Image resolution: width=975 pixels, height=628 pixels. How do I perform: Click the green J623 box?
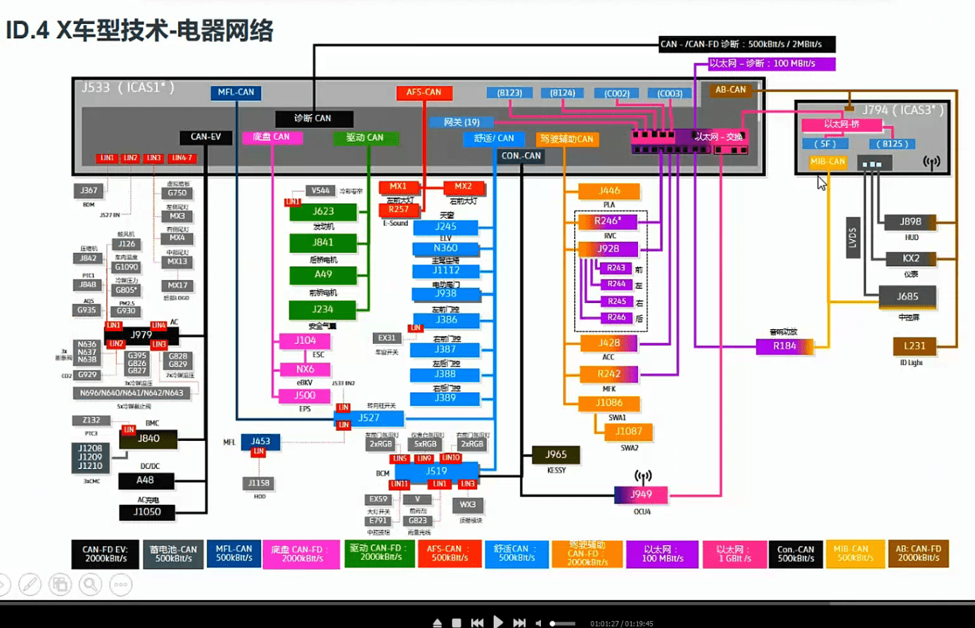323,212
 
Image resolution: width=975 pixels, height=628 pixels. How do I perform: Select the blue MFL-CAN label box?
236,92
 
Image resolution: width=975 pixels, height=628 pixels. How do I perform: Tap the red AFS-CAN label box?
423,92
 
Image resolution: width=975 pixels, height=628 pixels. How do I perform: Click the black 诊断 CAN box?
313,118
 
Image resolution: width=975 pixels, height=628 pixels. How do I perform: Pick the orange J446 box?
608,191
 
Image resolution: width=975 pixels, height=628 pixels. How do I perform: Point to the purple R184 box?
784,346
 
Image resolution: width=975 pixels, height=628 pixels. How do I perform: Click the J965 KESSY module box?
556,454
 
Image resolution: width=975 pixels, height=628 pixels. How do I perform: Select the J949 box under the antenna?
641,494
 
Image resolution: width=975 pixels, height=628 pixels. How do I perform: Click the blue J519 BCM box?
436,471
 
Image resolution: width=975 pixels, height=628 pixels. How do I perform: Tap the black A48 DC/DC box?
146,480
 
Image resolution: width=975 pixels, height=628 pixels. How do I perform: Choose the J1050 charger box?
146,512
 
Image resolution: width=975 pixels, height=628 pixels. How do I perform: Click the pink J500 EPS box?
305,396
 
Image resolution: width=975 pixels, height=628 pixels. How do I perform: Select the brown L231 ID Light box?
915,346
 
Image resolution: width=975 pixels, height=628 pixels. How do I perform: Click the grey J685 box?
907,297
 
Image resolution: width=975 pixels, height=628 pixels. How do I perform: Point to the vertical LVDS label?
853,238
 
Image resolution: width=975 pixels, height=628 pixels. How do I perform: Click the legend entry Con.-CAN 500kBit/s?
795,553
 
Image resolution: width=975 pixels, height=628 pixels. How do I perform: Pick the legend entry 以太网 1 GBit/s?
734,553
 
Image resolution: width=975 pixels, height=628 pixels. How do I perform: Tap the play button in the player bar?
498,622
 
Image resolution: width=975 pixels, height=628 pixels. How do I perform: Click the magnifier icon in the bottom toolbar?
90,584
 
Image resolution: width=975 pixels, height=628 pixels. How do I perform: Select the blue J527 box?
369,418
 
